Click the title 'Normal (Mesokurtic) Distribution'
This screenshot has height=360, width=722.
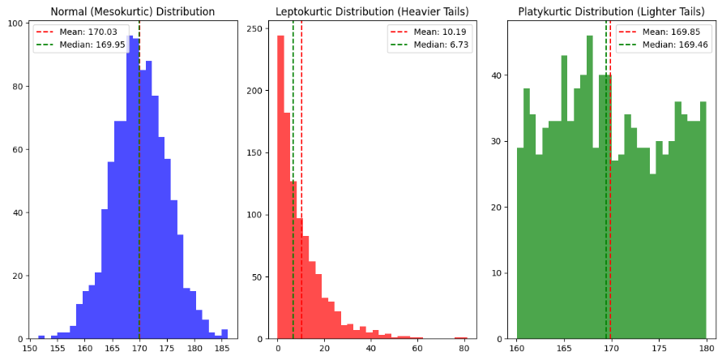coord(133,12)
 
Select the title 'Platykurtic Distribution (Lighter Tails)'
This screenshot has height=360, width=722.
coord(611,12)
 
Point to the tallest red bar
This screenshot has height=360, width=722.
coord(280,186)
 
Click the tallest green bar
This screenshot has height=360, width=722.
coord(589,186)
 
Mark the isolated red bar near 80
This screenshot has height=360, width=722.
coord(461,337)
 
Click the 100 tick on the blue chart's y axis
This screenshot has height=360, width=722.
coord(19,23)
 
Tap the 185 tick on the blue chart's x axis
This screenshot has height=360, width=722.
coord(222,349)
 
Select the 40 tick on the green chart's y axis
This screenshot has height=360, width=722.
coord(500,75)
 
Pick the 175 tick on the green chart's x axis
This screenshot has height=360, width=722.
coord(659,349)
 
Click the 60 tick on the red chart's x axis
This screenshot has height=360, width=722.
coord(417,349)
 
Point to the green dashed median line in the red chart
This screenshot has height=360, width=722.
coord(293,203)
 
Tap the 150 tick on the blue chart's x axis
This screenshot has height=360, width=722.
coord(30,349)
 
